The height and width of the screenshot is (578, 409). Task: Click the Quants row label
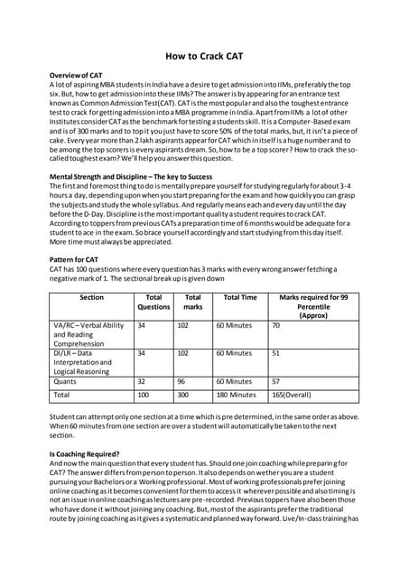coord(69,382)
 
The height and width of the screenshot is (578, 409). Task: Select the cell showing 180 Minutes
coord(237,395)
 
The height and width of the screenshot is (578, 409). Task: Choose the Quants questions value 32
coord(141,382)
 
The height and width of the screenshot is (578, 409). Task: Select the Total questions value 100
coord(143,395)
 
